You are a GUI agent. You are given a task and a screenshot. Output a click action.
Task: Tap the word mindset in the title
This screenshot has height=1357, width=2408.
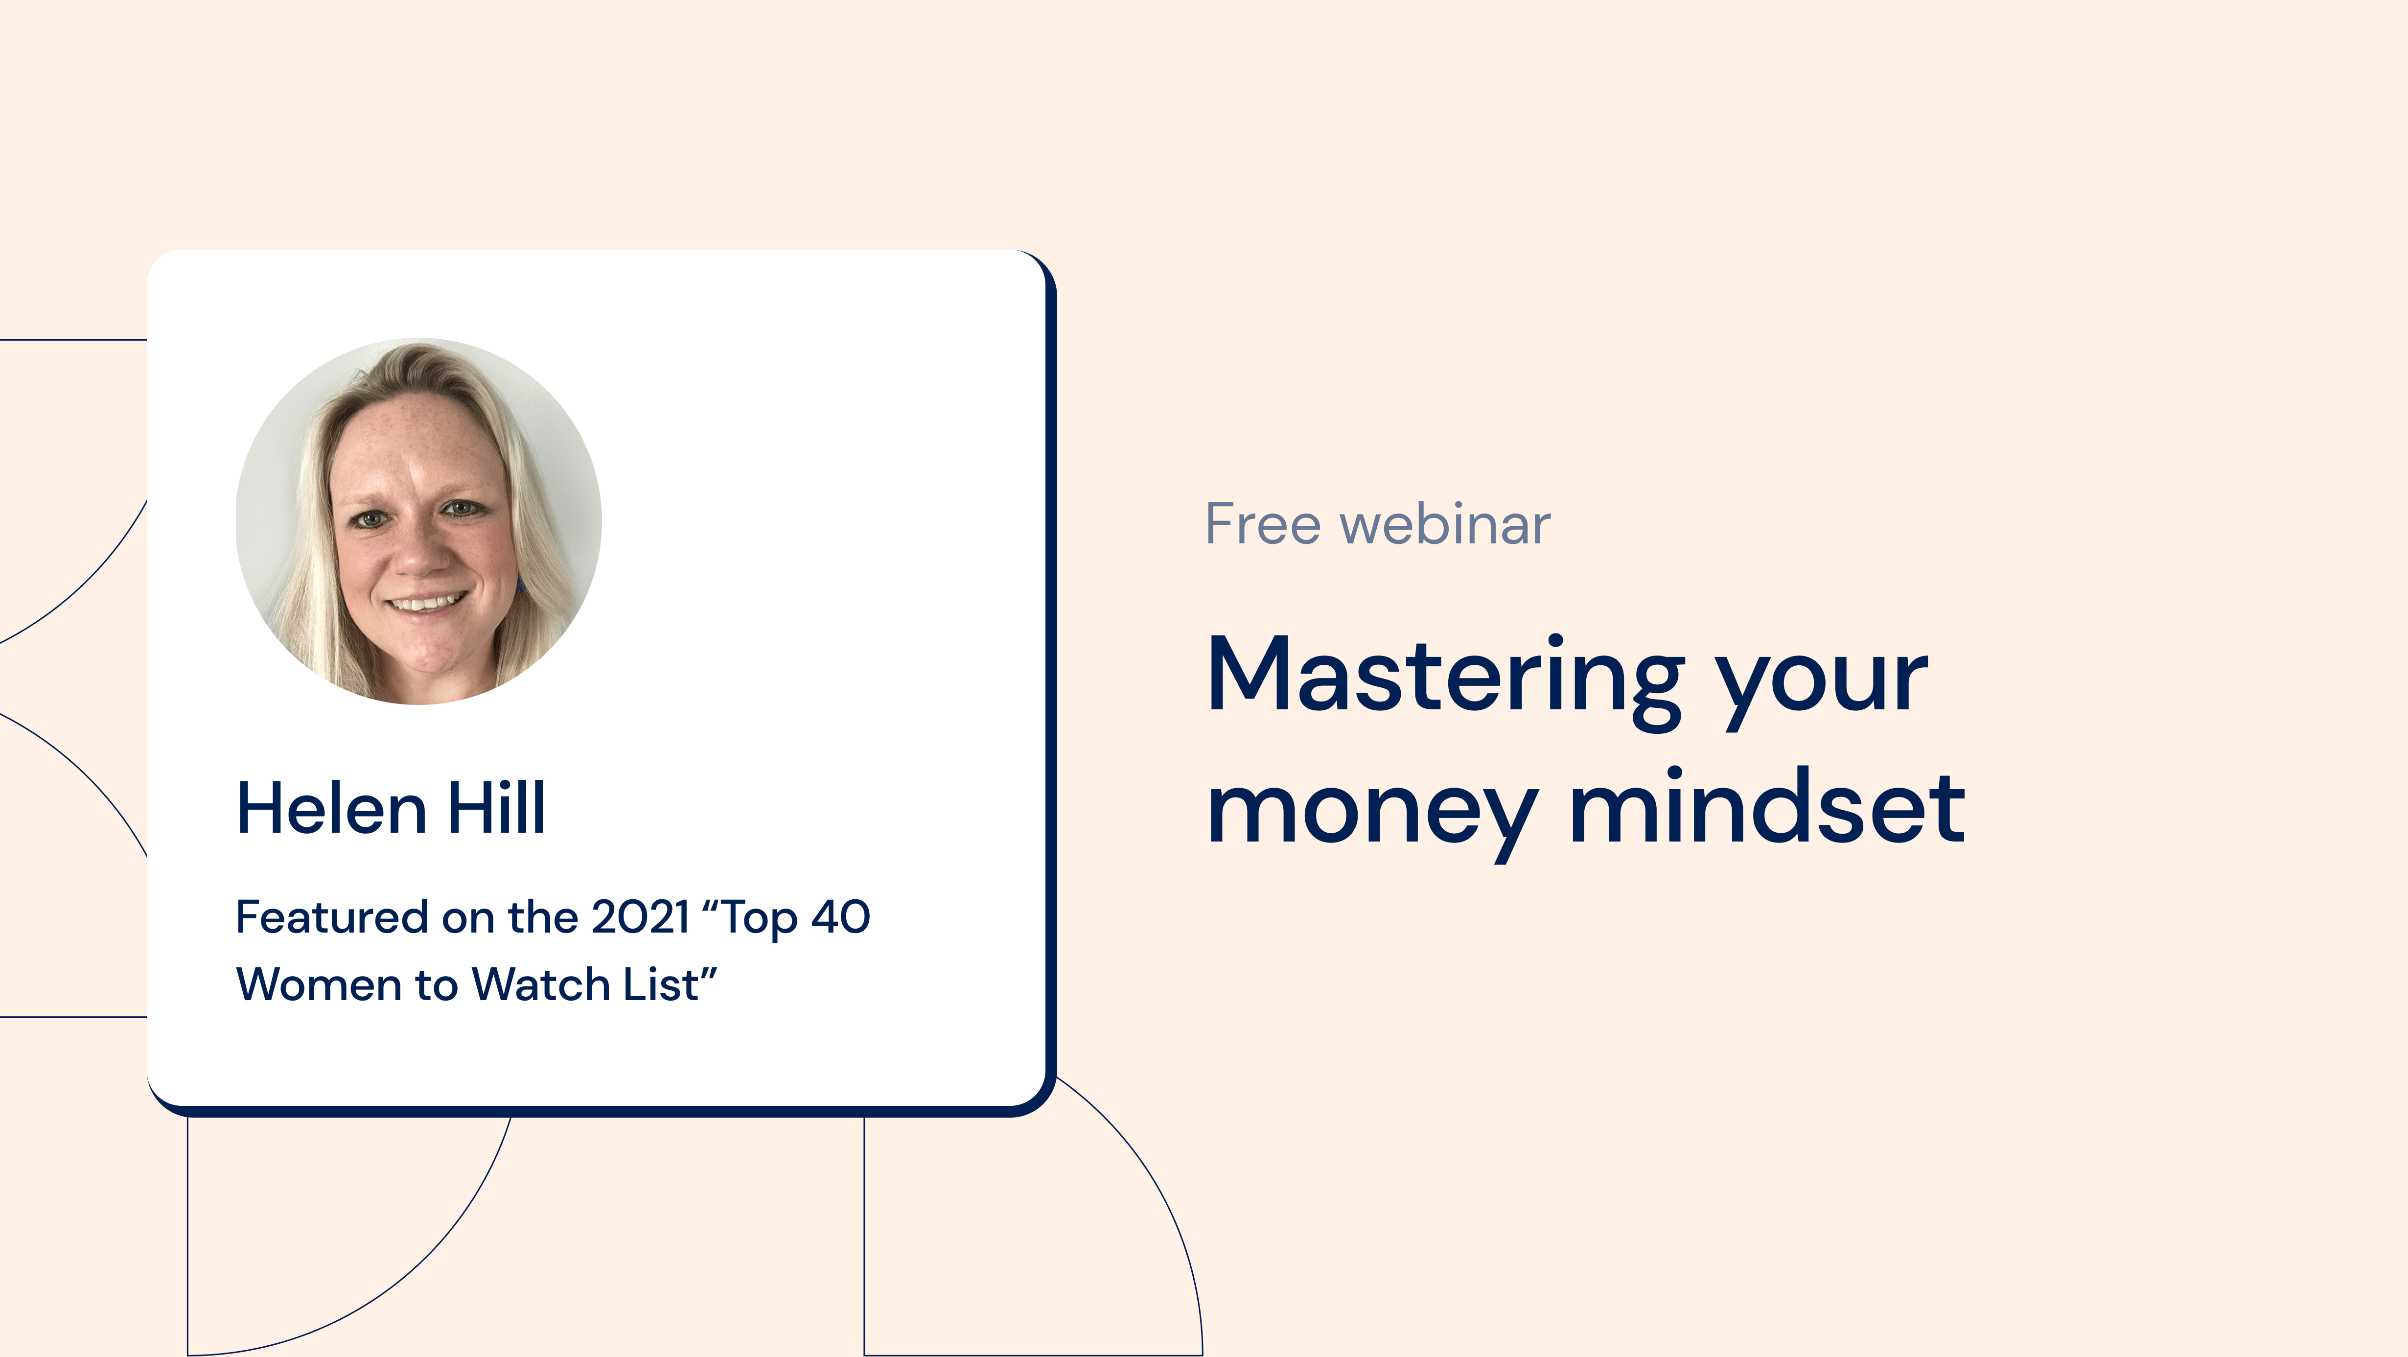click(1767, 806)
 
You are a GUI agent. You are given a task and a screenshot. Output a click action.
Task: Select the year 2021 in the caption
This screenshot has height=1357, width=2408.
click(641, 917)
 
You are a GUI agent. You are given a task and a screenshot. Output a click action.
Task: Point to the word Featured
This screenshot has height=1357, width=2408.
click(332, 917)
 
